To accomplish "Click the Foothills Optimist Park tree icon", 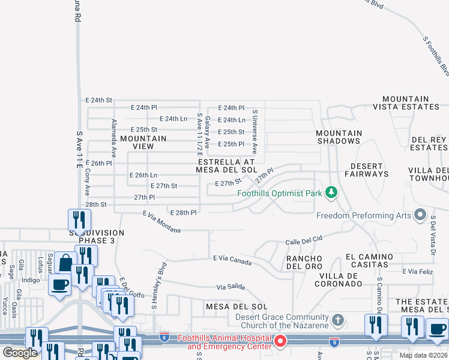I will (x=330, y=193).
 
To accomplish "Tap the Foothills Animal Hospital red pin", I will (x=280, y=341).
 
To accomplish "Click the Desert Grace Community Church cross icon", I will (x=338, y=320).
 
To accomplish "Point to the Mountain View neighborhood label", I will (x=143, y=142).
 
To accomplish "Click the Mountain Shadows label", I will (x=339, y=137).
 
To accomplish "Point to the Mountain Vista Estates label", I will (x=406, y=103).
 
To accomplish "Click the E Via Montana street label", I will (x=161, y=222).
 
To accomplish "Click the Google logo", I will (x=20, y=352).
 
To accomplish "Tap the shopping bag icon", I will (x=65, y=263).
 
